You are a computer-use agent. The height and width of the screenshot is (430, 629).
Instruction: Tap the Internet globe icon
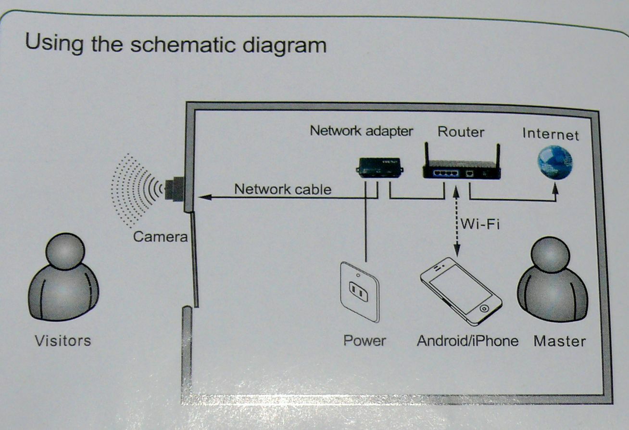tap(554, 162)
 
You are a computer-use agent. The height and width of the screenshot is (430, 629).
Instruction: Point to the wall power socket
tap(359, 291)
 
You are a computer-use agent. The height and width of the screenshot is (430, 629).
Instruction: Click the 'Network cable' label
tap(282, 189)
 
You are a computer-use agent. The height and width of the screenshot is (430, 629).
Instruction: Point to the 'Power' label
tap(365, 341)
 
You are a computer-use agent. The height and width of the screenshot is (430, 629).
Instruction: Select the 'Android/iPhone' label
tap(467, 341)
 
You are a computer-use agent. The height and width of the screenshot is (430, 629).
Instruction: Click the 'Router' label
tap(461, 131)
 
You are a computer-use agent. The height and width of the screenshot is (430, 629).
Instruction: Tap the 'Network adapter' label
tap(361, 130)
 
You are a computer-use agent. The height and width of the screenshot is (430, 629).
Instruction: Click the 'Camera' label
tap(160, 236)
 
